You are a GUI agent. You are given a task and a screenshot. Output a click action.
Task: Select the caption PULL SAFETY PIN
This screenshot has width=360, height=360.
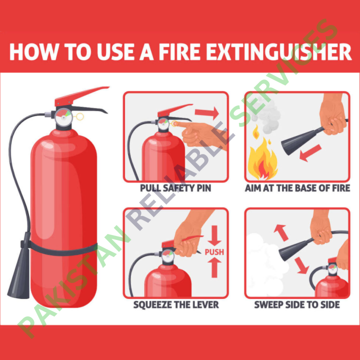coord(175,188)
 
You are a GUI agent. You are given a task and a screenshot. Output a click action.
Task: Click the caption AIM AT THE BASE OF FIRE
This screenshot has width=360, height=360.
coord(297,188)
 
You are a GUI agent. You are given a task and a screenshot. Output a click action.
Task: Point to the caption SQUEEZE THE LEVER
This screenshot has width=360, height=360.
coord(175,304)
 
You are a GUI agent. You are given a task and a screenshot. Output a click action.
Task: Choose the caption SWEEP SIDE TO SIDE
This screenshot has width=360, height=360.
coord(297,304)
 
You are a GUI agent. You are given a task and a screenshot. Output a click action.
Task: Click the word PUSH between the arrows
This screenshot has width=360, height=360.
coord(214,252)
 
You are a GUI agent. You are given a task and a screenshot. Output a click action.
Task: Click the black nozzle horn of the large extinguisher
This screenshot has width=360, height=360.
coord(19,280)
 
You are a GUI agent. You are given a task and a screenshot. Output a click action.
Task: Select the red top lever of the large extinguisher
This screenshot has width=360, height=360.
coord(82,94)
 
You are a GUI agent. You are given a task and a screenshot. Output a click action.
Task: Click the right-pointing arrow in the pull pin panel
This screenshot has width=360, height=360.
coord(207,112)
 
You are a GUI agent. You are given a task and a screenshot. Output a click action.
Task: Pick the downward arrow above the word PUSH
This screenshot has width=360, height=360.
coord(214,235)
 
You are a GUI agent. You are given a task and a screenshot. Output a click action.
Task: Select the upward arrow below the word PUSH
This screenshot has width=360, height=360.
coord(214,268)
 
